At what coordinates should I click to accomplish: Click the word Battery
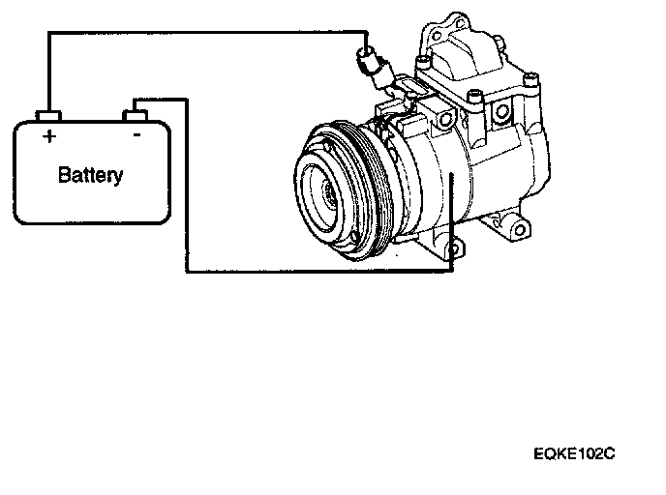91,175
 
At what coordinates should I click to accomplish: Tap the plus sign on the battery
48,136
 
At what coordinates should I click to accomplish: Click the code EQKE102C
573,451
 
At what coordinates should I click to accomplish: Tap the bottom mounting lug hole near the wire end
452,252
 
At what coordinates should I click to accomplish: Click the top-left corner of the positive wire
48,34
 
